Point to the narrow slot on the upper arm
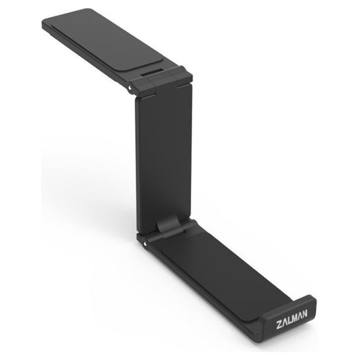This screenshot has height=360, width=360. (153, 72)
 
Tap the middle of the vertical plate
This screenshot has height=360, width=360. (164, 157)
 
